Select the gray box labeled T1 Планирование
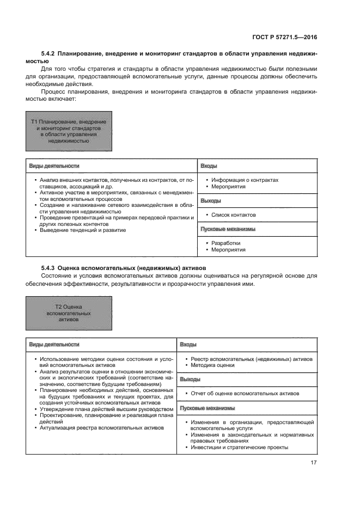(x=69, y=131)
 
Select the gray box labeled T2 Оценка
(x=69, y=313)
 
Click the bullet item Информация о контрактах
(x=245, y=180)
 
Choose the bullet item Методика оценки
(x=215, y=365)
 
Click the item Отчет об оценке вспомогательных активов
(x=244, y=393)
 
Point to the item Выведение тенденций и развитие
(x=83, y=230)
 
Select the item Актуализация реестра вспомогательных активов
(x=101, y=427)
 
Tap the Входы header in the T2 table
(x=188, y=345)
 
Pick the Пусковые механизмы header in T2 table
(x=208, y=408)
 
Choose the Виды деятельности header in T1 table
(x=54, y=165)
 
